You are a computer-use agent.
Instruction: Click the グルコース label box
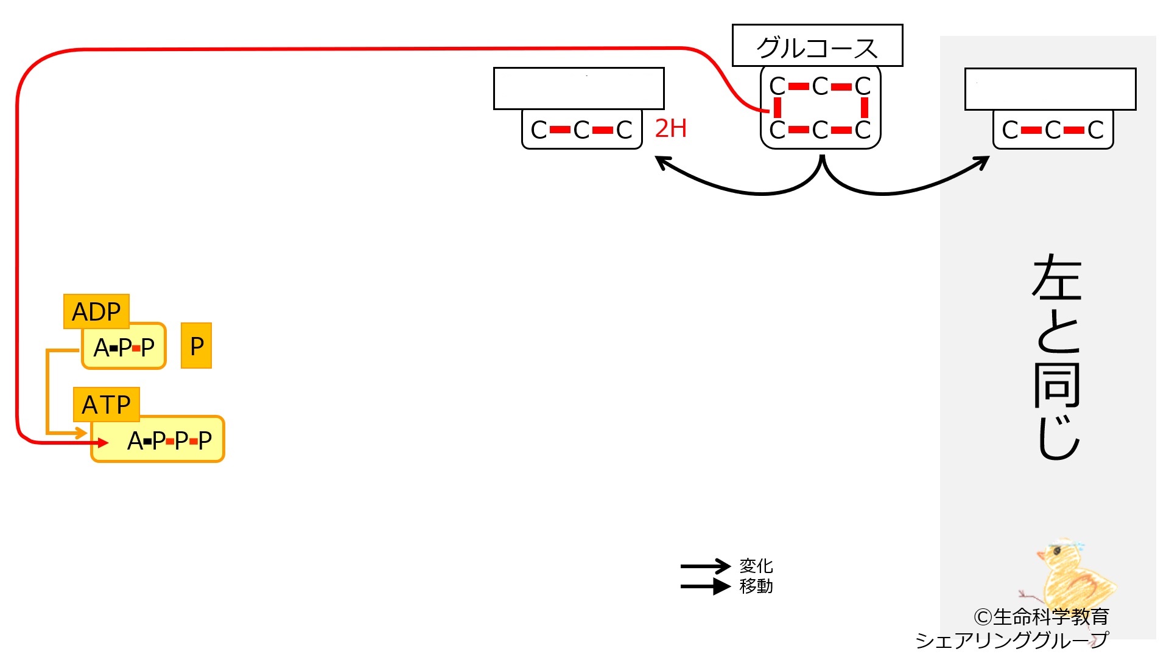pyautogui.click(x=817, y=46)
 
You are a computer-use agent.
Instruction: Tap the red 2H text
pyautogui.click(x=670, y=128)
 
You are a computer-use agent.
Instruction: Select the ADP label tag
pyautogui.click(x=96, y=311)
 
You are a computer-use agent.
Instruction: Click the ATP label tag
pyautogui.click(x=106, y=405)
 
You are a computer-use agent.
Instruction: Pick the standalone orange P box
pyautogui.click(x=196, y=346)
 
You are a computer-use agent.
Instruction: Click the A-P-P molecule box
pyautogui.click(x=124, y=347)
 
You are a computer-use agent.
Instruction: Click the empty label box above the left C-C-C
pyautogui.click(x=578, y=89)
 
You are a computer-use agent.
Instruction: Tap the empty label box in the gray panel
pyautogui.click(x=1050, y=89)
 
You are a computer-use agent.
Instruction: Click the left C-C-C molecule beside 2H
pyautogui.click(x=581, y=130)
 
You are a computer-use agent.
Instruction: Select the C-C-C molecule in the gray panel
pyautogui.click(x=1053, y=130)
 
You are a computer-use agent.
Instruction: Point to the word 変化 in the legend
pyautogui.click(x=756, y=566)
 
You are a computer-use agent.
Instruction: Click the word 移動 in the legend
pyautogui.click(x=756, y=586)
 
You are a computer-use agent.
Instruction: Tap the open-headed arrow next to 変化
pyautogui.click(x=705, y=566)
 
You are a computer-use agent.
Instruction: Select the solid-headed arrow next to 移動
pyautogui.click(x=705, y=586)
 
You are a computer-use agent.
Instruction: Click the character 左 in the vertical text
pyautogui.click(x=1057, y=279)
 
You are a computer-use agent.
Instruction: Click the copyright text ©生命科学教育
pyautogui.click(x=1041, y=617)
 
